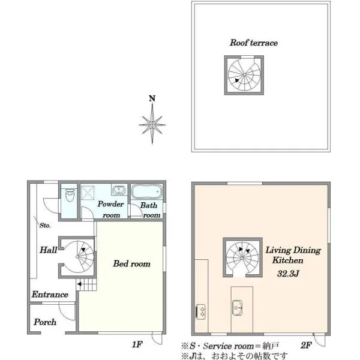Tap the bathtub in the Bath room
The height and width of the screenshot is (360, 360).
tap(146, 191)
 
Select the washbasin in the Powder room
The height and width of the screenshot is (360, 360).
tap(119, 190)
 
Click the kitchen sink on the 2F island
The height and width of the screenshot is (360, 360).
tap(237, 308)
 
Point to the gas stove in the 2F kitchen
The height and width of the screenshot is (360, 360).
tap(200, 311)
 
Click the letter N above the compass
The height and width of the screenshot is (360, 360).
tap(152, 98)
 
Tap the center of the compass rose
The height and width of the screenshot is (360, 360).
tap(152, 125)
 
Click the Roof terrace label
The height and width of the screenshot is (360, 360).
tap(254, 43)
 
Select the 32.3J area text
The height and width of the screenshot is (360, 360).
tap(288, 274)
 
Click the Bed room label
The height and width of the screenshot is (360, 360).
tap(131, 263)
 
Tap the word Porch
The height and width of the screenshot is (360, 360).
tap(45, 322)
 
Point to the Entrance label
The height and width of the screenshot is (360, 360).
tap(50, 295)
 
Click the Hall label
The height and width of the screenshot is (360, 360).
tap(49, 250)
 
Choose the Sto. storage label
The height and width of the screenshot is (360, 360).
tap(45, 226)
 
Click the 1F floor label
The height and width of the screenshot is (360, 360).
tap(137, 344)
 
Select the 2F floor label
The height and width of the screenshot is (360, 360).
tap(306, 345)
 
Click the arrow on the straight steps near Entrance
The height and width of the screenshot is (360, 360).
tap(79, 284)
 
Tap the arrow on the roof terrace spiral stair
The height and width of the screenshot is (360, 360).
tap(237, 80)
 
